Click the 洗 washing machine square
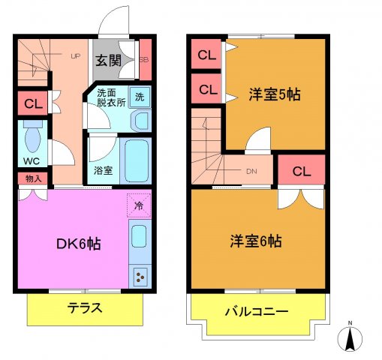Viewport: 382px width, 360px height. click(x=139, y=96)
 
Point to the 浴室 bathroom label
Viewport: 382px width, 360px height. click(x=104, y=170)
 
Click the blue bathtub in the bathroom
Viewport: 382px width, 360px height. click(x=137, y=159)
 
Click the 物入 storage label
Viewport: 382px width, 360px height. click(x=33, y=178)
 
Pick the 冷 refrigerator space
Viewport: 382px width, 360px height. click(x=139, y=205)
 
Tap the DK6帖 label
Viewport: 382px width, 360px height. click(x=80, y=243)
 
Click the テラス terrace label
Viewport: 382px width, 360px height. click(x=85, y=307)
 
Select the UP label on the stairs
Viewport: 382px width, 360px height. click(x=76, y=55)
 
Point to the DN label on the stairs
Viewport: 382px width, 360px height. click(x=252, y=170)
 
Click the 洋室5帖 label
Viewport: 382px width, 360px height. click(x=275, y=94)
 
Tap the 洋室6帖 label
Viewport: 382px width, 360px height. click(x=256, y=241)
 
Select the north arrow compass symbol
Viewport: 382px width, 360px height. click(x=349, y=337)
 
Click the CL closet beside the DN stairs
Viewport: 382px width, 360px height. click(x=301, y=171)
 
